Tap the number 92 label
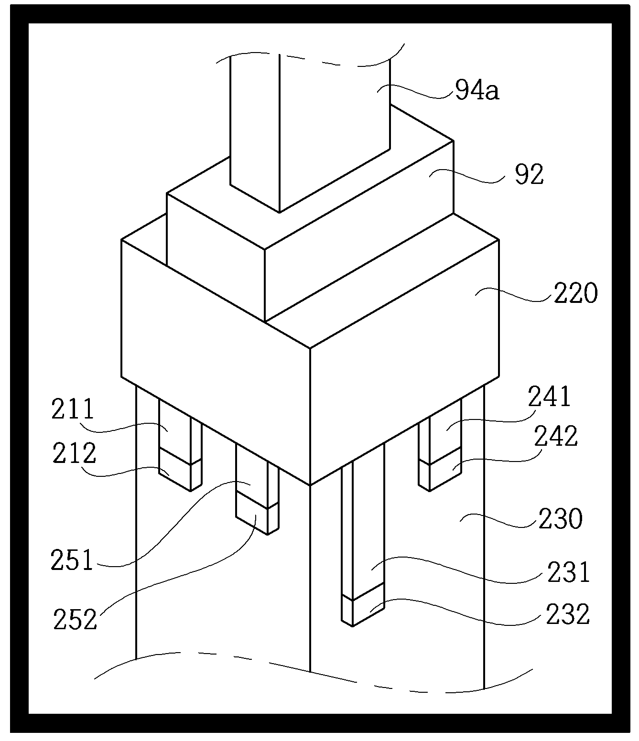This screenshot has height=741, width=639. coord(529,175)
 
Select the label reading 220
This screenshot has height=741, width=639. coord(575,293)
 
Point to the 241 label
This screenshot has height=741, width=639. coord(549,397)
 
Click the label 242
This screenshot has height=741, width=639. coord(556,436)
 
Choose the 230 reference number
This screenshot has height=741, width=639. coord(561,519)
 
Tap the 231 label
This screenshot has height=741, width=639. coord(569,572)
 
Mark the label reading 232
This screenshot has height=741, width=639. coord(568,615)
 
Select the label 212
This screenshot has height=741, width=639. coord(74,453)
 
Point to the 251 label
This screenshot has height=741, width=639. coord(72,560)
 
